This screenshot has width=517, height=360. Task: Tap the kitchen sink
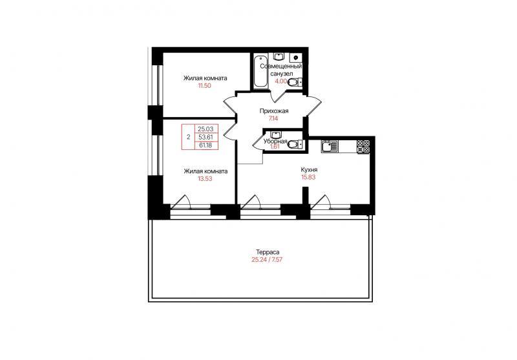pyautogui.click(x=329, y=146)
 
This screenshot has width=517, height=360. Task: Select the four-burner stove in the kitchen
pyautogui.click(x=363, y=146)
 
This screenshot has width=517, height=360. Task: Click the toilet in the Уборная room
pyautogui.click(x=295, y=143)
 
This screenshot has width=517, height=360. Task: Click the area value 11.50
pyautogui.click(x=204, y=86)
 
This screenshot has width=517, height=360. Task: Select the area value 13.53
pyautogui.click(x=205, y=178)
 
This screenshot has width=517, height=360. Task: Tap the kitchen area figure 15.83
pyautogui.click(x=309, y=177)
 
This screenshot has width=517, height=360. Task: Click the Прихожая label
pyautogui.click(x=274, y=111)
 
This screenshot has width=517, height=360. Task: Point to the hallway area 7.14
pyautogui.click(x=273, y=118)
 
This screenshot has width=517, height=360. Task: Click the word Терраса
pyautogui.click(x=268, y=252)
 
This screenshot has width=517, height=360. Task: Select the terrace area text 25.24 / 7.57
pyautogui.click(x=267, y=259)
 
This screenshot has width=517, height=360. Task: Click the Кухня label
pyautogui.click(x=309, y=170)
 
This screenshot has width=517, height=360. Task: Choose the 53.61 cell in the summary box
pyautogui.click(x=206, y=137)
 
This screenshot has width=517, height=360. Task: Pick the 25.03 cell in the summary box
pyautogui.click(x=206, y=129)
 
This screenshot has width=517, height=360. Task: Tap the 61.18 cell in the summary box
pyautogui.click(x=206, y=145)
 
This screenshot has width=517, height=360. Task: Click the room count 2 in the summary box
pyautogui.click(x=189, y=137)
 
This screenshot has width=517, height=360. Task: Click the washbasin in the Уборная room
pyautogui.click(x=275, y=134)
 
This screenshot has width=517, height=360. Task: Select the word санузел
pyautogui.click(x=281, y=74)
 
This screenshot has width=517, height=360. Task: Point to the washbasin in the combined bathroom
pyautogui.click(x=279, y=57)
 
